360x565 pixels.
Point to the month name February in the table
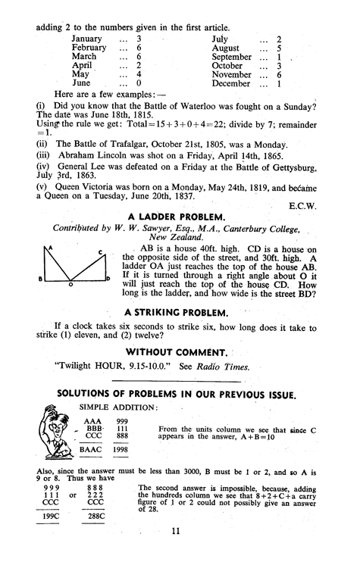pyautogui.click(x=89, y=47)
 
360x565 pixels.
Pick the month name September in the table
pyautogui.click(x=230, y=57)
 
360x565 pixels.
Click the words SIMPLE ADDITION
pyautogui.click(x=111, y=407)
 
